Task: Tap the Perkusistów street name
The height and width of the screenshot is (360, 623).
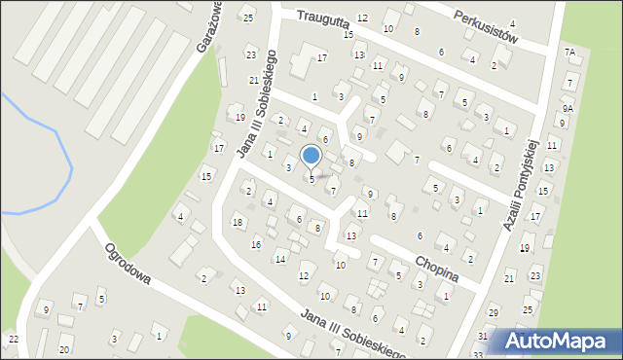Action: (x=488, y=27)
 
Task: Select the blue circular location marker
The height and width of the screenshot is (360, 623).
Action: (x=311, y=155)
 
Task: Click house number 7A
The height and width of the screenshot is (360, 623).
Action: (x=569, y=52)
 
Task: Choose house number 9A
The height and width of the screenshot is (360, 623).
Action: (x=567, y=110)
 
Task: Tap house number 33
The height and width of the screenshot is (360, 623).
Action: (x=477, y=355)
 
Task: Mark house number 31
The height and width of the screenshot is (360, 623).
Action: (x=483, y=336)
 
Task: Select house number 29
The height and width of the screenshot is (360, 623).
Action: (x=494, y=312)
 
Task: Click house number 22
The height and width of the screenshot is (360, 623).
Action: (x=13, y=339)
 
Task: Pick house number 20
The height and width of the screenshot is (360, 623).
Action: (x=64, y=349)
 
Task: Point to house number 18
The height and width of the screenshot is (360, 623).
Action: (x=238, y=223)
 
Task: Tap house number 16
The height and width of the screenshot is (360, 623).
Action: (x=256, y=244)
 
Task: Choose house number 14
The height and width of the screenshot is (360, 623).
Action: (x=280, y=259)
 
